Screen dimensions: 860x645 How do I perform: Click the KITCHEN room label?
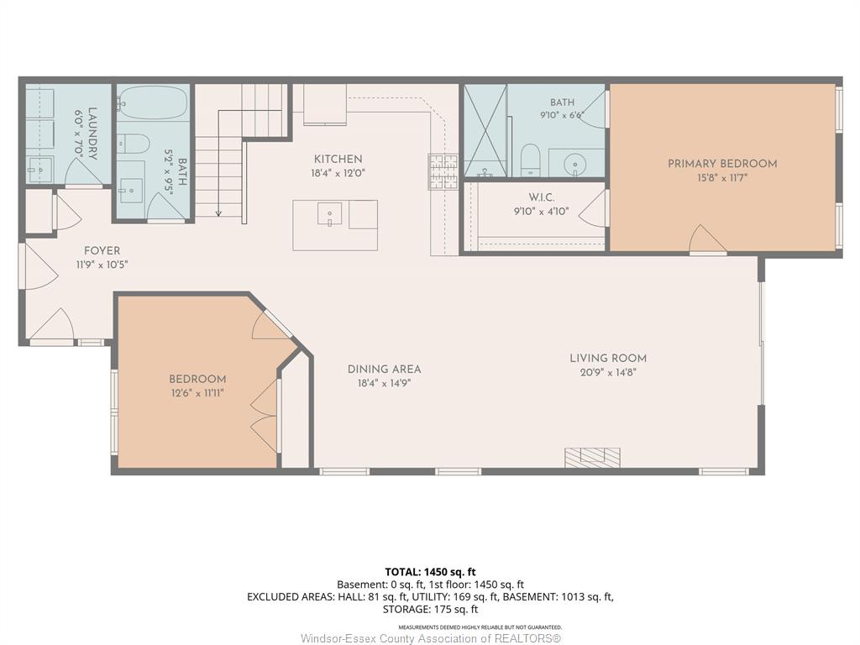338,159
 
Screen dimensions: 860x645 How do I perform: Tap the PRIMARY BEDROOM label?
721,164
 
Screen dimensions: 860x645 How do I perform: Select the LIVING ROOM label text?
608,358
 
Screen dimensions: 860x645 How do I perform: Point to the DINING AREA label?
384,370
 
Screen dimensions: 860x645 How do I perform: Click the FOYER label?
102,250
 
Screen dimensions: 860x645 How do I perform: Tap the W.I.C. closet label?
542,197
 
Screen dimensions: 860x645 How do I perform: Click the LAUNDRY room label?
92,134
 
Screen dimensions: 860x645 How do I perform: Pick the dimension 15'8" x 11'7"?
721,178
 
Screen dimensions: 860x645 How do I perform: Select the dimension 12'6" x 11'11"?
197,393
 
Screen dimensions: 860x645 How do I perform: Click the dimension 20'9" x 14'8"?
608,372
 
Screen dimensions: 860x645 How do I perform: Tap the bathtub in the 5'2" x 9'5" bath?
153,102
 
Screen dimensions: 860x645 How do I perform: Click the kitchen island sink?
329,214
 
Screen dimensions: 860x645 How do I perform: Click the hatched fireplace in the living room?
592,458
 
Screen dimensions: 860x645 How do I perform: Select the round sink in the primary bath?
574,164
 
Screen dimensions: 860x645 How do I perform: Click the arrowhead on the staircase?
218,212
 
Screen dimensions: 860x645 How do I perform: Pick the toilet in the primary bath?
531,160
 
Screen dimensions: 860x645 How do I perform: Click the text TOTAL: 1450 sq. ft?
430,572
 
